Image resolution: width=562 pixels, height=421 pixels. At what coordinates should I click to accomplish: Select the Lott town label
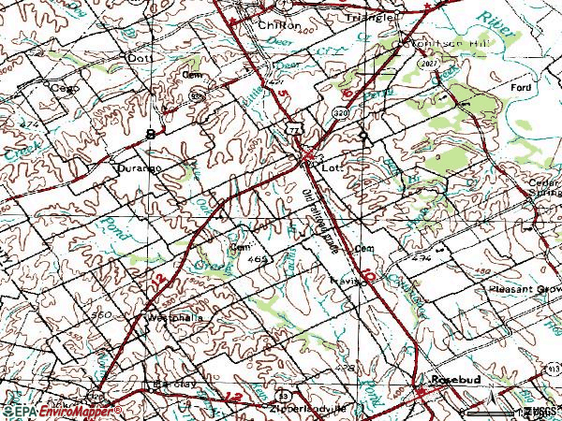pyautogui.click(x=329, y=168)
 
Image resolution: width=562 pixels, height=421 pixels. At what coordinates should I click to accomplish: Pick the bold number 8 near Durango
pyautogui.click(x=150, y=136)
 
